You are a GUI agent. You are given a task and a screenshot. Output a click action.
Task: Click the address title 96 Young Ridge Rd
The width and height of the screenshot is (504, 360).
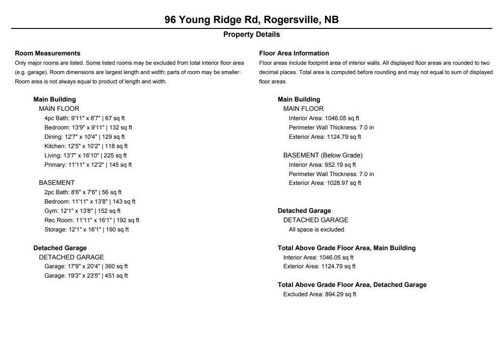[x=251, y=20]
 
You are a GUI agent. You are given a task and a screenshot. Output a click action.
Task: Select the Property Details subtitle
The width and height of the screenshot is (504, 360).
[x=251, y=34]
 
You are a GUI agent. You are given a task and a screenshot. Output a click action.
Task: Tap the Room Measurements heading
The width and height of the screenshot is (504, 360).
[x=48, y=53]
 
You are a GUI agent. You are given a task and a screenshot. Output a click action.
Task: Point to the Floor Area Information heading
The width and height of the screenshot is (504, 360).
[x=294, y=53]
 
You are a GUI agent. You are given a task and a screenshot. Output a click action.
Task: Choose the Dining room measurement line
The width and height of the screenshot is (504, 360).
[x=84, y=137]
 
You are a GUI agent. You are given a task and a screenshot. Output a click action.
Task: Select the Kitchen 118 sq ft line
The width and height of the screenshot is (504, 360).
[x=86, y=146]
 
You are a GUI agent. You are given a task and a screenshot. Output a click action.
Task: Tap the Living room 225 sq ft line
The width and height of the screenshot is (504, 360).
[x=85, y=155]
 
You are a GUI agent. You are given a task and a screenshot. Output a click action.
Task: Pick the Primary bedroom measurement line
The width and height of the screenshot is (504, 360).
[x=88, y=165]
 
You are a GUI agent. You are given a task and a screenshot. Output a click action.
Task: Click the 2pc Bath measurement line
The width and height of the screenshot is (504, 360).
[x=83, y=193]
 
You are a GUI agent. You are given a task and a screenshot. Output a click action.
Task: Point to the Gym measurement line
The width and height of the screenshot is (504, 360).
[x=82, y=211]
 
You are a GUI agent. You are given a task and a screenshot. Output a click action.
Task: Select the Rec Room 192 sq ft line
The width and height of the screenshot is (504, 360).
[x=92, y=220]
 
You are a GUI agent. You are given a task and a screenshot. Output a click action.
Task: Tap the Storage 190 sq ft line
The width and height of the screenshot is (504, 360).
[x=86, y=230]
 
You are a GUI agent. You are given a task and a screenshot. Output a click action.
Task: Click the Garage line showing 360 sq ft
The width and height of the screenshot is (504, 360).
[x=86, y=266]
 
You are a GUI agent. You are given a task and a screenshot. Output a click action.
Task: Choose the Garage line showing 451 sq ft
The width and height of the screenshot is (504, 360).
[x=86, y=276]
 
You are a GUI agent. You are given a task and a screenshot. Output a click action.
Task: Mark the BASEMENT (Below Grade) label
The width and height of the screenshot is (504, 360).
[x=323, y=155]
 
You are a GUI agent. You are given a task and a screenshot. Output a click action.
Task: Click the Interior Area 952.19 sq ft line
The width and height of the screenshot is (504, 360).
[x=322, y=165]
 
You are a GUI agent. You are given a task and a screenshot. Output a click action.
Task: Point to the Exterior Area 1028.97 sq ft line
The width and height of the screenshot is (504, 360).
[x=324, y=183]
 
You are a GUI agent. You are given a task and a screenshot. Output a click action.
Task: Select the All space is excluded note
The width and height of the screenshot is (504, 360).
[x=316, y=230]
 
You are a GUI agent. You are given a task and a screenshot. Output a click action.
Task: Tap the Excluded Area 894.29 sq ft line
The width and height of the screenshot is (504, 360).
[x=319, y=294]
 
